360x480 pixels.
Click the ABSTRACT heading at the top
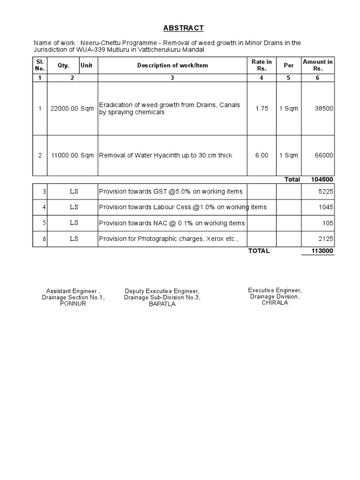click(x=184, y=28)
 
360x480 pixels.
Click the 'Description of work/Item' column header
click(x=172, y=66)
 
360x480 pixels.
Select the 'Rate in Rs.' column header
click(x=262, y=65)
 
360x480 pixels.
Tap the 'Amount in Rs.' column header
click(x=318, y=65)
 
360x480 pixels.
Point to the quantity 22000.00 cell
click(x=64, y=109)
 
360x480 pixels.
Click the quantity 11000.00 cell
click(x=64, y=156)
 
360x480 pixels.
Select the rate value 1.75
click(x=262, y=109)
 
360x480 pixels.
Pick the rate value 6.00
click(x=262, y=156)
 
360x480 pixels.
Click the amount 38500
click(x=324, y=109)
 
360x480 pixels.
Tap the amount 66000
click(x=324, y=156)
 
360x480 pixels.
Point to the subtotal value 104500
click(x=322, y=180)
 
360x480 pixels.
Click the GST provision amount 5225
click(x=326, y=191)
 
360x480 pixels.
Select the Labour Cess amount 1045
click(x=326, y=207)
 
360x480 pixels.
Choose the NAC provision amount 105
click(x=328, y=223)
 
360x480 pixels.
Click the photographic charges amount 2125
click(x=326, y=239)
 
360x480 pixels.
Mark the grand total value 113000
click(x=322, y=251)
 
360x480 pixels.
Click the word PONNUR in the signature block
click(x=73, y=304)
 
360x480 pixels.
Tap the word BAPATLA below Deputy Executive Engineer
click(x=162, y=304)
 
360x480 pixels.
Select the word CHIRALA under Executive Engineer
click(x=275, y=303)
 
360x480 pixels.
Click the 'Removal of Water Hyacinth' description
click(x=165, y=156)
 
